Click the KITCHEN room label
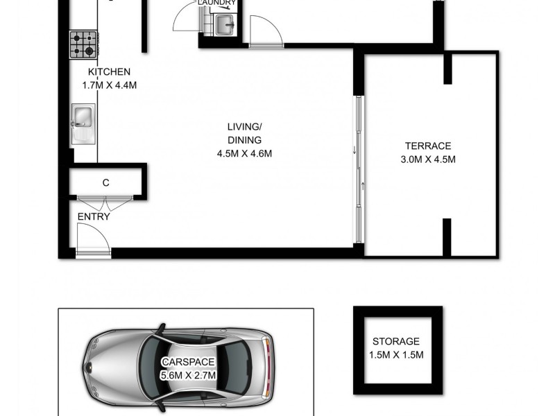click(x=108, y=72)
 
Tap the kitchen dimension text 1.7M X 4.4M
click(x=108, y=86)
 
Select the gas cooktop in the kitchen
click(x=83, y=44)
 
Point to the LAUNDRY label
click(x=216, y=3)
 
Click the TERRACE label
click(x=428, y=146)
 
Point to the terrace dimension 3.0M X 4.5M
click(x=428, y=159)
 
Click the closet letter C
click(x=105, y=183)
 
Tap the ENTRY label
click(x=94, y=216)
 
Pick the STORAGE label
click(x=395, y=341)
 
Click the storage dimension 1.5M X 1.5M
click(x=395, y=355)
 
